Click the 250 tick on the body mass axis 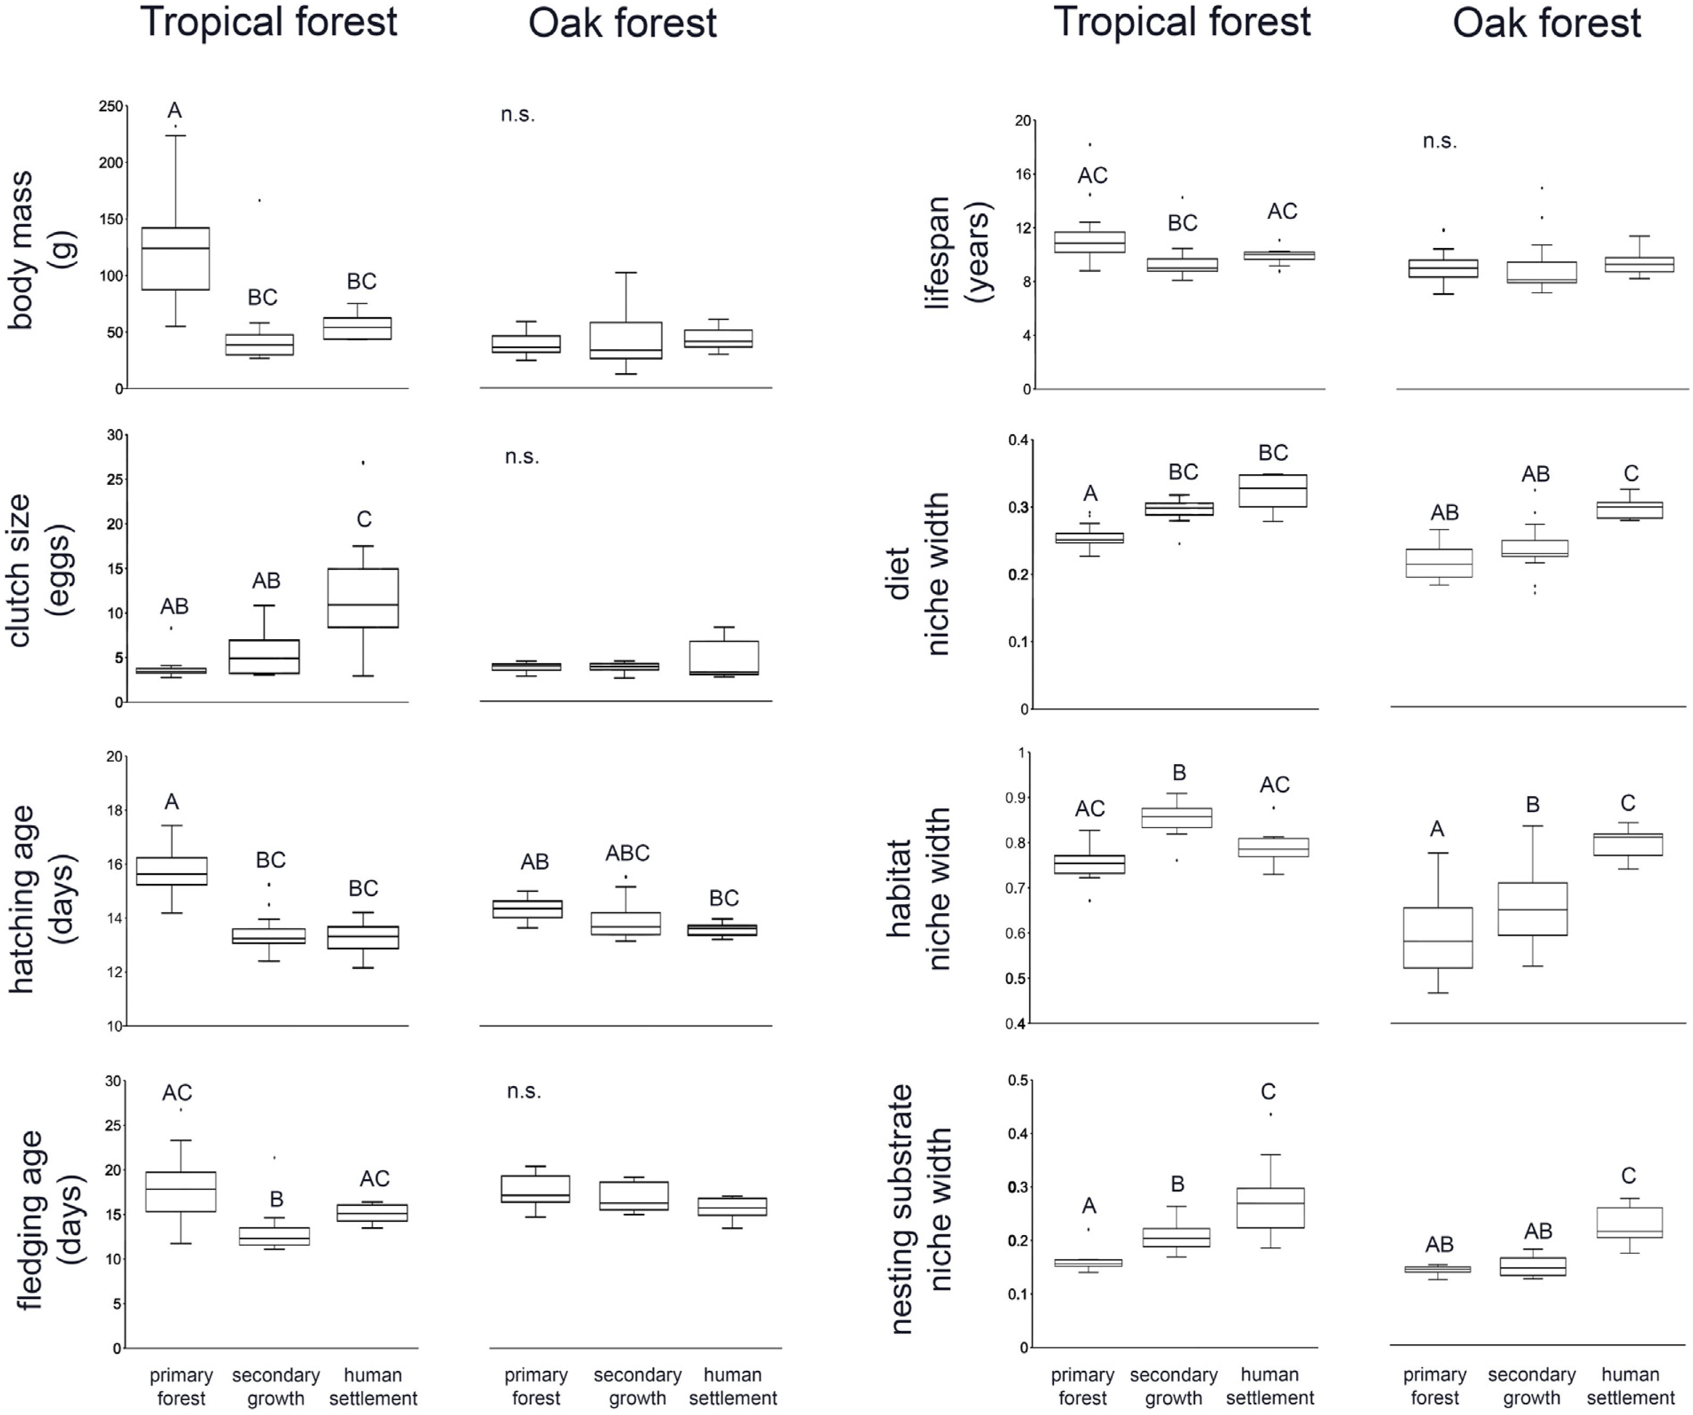point(111,106)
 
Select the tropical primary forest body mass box point(175,258)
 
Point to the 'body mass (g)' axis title point(40,250)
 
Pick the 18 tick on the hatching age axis point(114,810)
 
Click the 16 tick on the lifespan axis point(1022,174)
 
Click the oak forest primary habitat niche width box point(1438,937)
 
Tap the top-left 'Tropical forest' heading point(269,22)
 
